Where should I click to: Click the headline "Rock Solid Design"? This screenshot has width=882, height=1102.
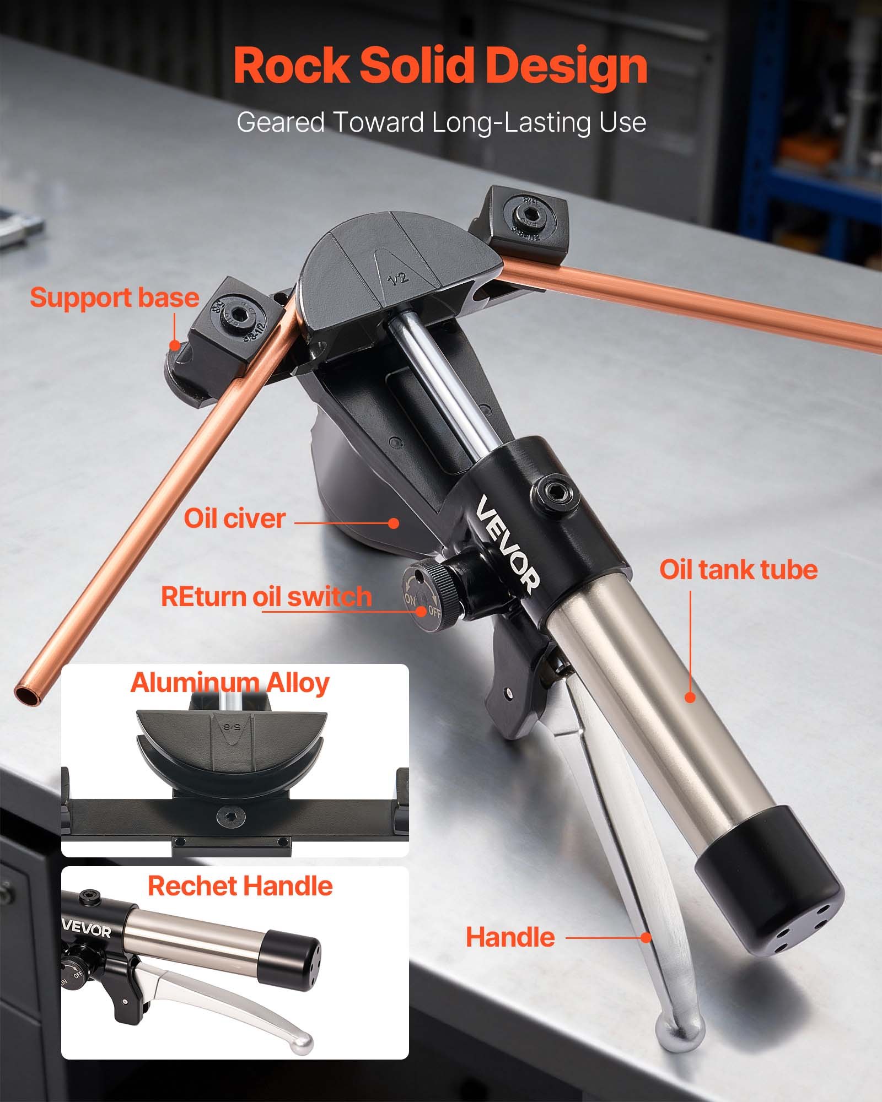440,66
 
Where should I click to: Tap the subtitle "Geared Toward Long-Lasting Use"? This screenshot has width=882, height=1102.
441,122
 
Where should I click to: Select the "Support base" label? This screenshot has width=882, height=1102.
114,298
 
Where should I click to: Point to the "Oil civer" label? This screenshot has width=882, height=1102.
234,518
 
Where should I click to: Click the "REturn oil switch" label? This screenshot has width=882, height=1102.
266,597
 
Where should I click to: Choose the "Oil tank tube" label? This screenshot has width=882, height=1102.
738,569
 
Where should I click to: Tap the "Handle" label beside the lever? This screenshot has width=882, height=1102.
510,937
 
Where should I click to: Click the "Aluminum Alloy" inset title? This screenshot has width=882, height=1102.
230,683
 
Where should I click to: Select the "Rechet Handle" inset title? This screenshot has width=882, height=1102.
240,887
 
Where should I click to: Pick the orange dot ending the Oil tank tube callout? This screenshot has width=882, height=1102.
690,698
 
